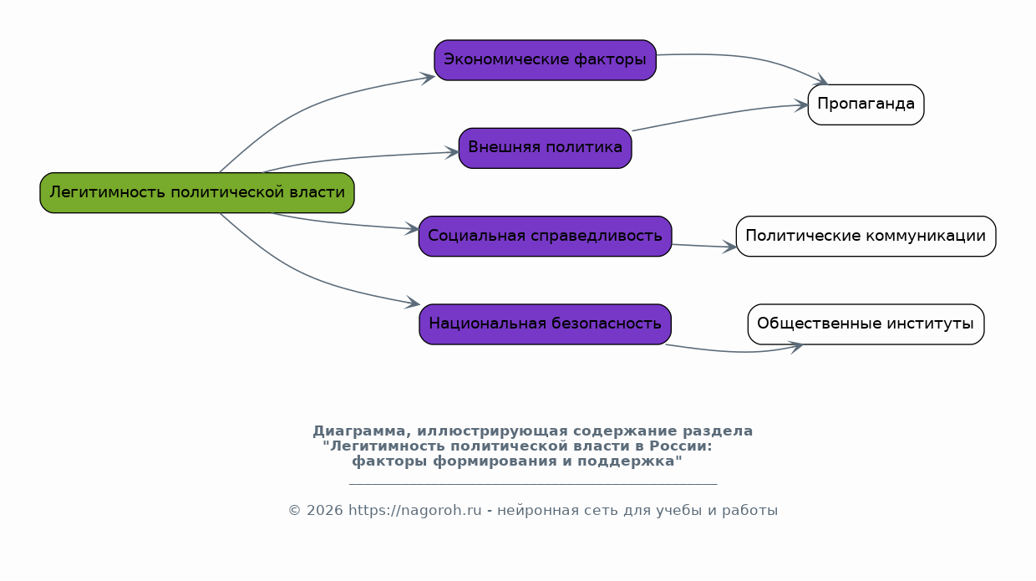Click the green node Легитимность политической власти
pyautogui.click(x=197, y=193)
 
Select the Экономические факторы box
pyautogui.click(x=545, y=60)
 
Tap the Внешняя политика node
pyautogui.click(x=545, y=148)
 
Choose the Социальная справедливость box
pyautogui.click(x=545, y=237)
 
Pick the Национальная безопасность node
pyautogui.click(x=545, y=324)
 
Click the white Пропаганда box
pyautogui.click(x=866, y=104)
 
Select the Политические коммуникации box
pyautogui.click(x=866, y=237)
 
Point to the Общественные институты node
pyautogui.click(x=866, y=324)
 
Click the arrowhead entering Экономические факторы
pyautogui.click(x=429, y=77)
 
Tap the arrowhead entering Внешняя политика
pyautogui.click(x=453, y=153)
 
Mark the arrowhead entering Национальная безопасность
pyautogui.click(x=413, y=303)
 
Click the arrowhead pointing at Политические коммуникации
pyautogui.click(x=730, y=247)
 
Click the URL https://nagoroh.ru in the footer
pyautogui.click(x=414, y=511)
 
